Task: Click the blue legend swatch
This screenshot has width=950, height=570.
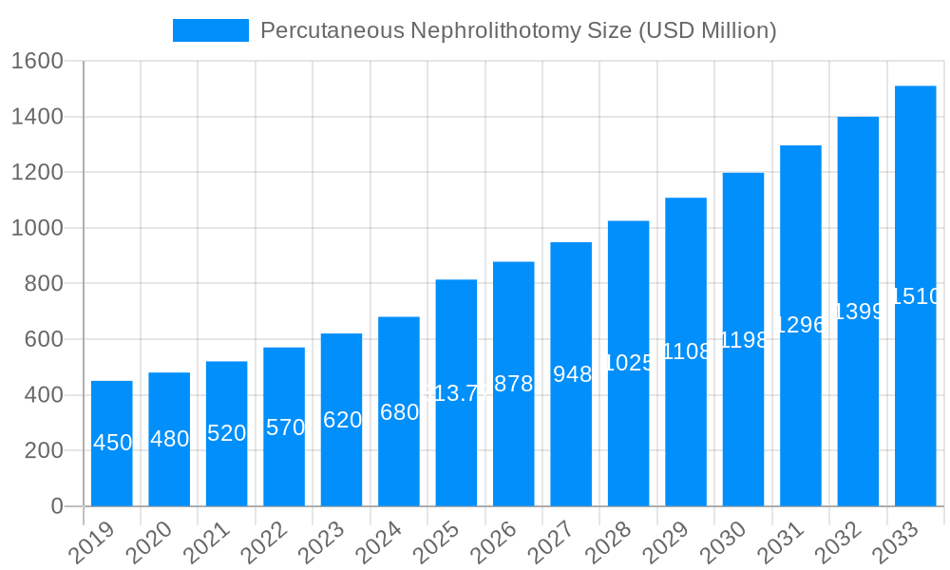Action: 210,30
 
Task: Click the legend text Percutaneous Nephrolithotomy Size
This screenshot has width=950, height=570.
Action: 518,30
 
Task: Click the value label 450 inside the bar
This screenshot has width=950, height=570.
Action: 112,443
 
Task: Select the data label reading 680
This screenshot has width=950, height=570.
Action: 399,412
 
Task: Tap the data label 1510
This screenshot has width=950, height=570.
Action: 916,296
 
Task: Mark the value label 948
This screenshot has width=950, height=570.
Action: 572,374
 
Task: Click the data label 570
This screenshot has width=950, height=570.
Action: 285,427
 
